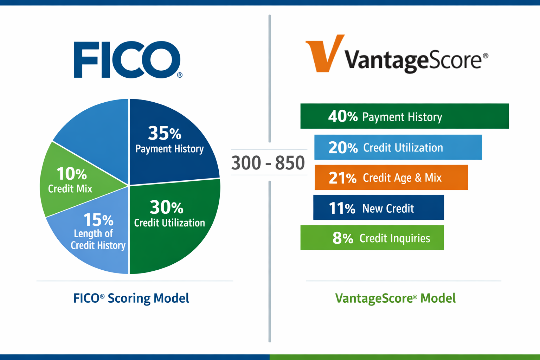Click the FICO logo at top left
127,60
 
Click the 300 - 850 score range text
268,163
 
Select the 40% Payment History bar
404,116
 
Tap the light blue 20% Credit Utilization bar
398,147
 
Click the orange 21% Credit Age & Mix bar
391,178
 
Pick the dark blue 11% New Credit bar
378,208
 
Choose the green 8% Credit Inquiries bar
372,238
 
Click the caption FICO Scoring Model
131,298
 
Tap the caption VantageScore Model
395,298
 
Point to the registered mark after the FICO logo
180,75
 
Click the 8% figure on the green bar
342,238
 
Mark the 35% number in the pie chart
164,133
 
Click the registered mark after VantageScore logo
486,56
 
